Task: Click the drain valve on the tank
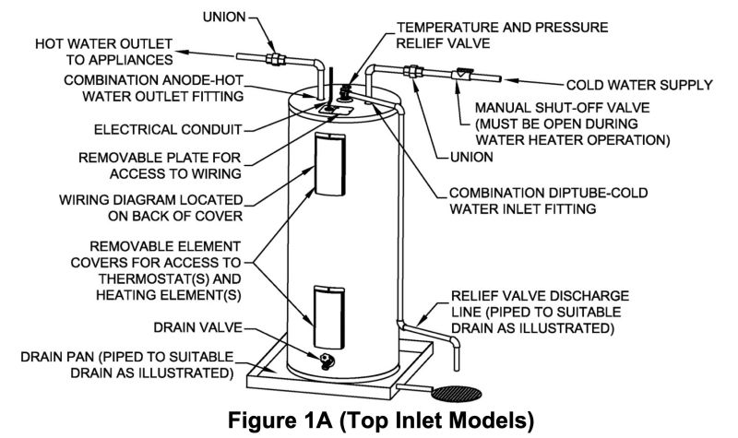tap(327, 361)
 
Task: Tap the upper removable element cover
tap(329, 164)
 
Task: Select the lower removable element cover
tap(329, 317)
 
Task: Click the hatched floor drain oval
tap(457, 394)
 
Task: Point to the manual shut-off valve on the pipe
tap(462, 75)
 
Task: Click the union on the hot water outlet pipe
tap(275, 59)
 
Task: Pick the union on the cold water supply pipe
tap(413, 72)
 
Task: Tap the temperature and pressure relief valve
tap(347, 91)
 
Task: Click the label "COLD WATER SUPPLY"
tap(639, 85)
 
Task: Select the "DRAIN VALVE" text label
tap(197, 327)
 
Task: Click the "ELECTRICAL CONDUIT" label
tap(168, 129)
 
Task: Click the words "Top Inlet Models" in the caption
tap(436, 420)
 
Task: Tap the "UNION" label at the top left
tap(224, 17)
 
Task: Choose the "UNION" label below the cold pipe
tap(471, 157)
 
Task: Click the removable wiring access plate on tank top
tap(335, 111)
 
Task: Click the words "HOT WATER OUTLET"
tap(103, 43)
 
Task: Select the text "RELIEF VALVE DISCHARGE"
tap(540, 296)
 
